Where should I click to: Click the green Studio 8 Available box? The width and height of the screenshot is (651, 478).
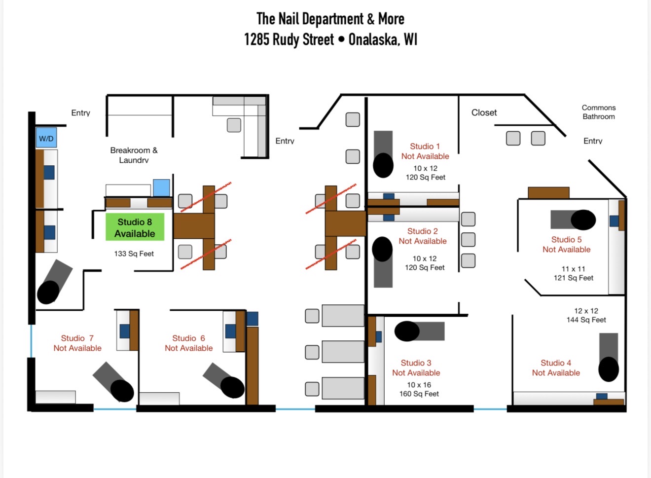click(x=135, y=227)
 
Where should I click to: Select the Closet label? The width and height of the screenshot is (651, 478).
click(x=484, y=112)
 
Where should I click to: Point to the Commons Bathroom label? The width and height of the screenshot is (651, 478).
click(x=599, y=112)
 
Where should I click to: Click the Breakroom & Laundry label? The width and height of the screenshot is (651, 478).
click(x=134, y=155)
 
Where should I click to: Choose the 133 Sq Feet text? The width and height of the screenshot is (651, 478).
click(x=134, y=254)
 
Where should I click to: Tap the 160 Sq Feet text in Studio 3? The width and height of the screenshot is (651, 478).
click(x=419, y=394)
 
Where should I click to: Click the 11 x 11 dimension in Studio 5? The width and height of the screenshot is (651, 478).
click(x=574, y=269)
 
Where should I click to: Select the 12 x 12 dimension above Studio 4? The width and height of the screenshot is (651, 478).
click(x=586, y=311)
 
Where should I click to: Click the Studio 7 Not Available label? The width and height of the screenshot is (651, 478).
click(x=77, y=343)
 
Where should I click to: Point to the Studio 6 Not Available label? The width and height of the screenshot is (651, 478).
click(x=188, y=343)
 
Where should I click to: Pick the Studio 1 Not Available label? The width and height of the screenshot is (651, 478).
click(x=425, y=151)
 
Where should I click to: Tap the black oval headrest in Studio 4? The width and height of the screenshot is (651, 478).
click(x=609, y=369)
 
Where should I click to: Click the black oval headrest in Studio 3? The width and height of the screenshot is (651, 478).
click(x=407, y=331)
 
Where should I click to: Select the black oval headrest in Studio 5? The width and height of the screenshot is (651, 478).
click(x=583, y=220)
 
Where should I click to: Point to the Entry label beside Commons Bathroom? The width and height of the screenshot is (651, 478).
click(x=593, y=141)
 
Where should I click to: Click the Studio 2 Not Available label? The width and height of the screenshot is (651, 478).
click(x=423, y=236)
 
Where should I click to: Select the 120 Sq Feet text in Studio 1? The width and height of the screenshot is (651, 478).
click(x=426, y=177)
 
